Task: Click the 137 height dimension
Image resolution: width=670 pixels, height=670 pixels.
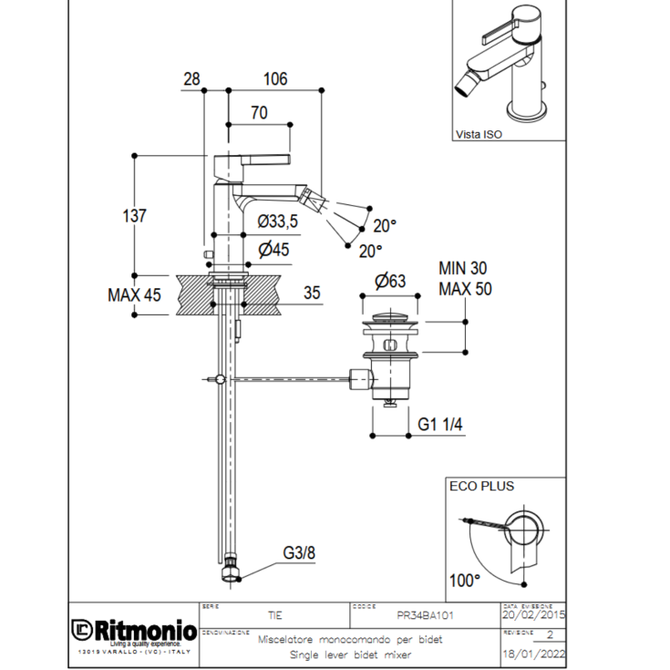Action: click(x=134, y=216)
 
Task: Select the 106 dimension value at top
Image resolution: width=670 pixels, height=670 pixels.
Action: click(x=274, y=79)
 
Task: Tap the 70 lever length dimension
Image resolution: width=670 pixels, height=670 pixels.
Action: click(x=258, y=114)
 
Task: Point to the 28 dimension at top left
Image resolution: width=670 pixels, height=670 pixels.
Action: click(x=191, y=79)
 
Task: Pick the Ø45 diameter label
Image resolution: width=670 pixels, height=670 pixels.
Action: click(x=273, y=249)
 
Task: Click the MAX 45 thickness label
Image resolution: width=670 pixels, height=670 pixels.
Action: click(x=134, y=294)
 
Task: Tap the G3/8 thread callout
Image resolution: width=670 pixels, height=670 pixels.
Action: click(x=298, y=552)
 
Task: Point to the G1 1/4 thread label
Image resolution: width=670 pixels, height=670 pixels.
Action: click(x=440, y=424)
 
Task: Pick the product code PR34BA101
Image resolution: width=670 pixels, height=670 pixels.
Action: click(x=427, y=615)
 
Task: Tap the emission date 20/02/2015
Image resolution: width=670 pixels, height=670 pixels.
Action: click(x=532, y=616)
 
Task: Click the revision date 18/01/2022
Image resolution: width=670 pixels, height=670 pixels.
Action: click(x=532, y=655)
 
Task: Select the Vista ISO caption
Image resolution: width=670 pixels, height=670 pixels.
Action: click(x=479, y=134)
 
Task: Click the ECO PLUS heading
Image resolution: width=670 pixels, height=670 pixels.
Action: click(x=481, y=486)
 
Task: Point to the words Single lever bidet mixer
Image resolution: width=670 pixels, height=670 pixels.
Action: click(x=350, y=655)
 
